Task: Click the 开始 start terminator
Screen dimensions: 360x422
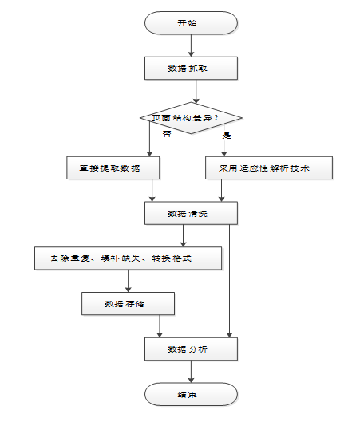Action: click(x=191, y=23)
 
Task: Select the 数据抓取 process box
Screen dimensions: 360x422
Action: click(x=191, y=68)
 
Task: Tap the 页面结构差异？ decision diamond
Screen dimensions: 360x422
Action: click(x=191, y=118)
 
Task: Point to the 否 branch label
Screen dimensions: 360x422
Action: click(x=167, y=134)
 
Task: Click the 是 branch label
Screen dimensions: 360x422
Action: click(x=227, y=136)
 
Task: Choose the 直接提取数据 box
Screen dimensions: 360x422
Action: click(x=113, y=168)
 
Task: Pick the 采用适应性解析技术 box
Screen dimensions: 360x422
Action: click(x=269, y=168)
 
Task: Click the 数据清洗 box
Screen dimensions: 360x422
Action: click(x=191, y=213)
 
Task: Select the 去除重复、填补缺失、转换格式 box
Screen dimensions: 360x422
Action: click(x=129, y=258)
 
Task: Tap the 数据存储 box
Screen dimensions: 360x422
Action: click(x=129, y=304)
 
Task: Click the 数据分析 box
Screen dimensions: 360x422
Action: click(x=191, y=349)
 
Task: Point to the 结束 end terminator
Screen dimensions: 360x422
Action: click(x=191, y=394)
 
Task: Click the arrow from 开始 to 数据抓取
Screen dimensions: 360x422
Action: click(x=191, y=45)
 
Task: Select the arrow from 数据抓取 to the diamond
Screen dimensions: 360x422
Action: click(x=196, y=92)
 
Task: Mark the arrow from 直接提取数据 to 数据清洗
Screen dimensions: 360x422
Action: click(x=152, y=191)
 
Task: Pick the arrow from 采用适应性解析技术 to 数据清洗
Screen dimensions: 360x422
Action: click(x=222, y=191)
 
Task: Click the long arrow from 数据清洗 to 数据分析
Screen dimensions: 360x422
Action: click(x=229, y=281)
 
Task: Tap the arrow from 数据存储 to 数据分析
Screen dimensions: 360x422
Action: click(x=160, y=326)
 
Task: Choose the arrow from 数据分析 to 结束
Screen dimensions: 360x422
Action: click(x=191, y=372)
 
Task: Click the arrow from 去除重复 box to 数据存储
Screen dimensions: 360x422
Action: click(x=129, y=281)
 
